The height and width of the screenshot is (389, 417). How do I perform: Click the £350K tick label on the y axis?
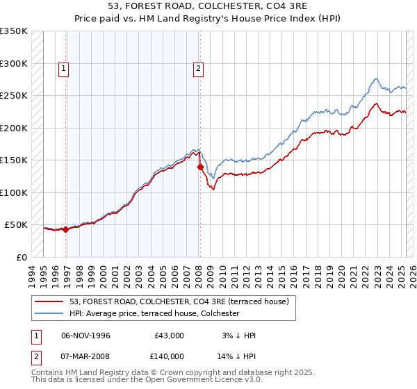(14, 31)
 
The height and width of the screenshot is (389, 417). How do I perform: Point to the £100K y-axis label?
(14, 192)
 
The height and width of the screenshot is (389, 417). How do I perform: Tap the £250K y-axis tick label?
(14, 96)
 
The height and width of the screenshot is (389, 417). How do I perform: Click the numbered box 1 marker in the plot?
(63, 68)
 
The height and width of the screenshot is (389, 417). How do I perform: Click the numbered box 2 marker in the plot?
(198, 68)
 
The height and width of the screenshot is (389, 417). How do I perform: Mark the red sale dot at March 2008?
(200, 167)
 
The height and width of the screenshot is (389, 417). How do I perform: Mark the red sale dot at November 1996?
(66, 229)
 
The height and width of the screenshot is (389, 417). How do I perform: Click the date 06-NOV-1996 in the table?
(85, 336)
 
